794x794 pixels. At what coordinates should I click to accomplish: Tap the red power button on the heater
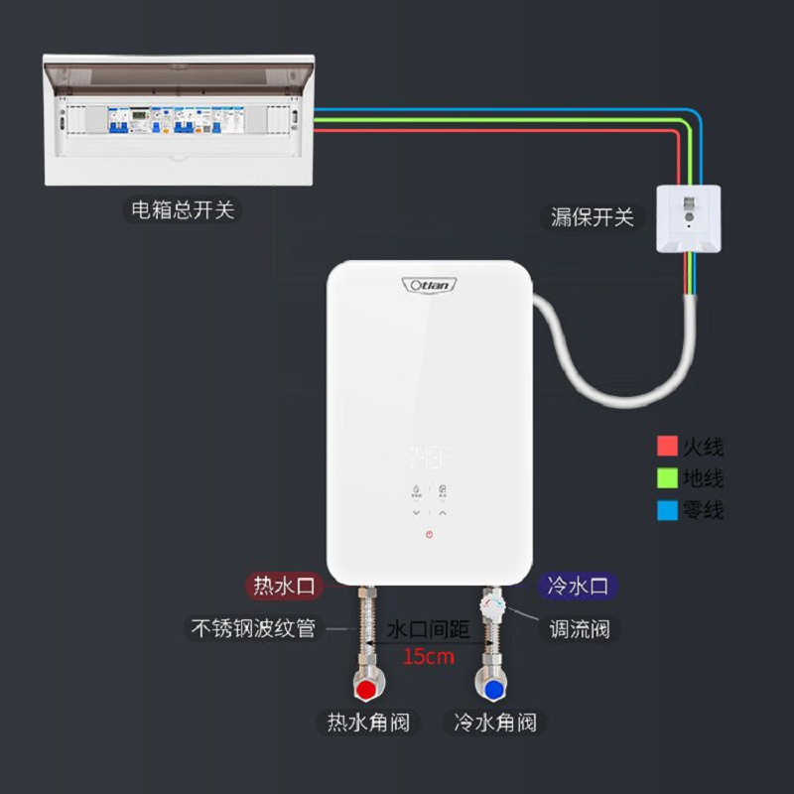coord(429,534)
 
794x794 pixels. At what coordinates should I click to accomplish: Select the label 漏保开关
coord(593,216)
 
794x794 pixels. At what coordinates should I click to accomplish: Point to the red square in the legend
coord(667,447)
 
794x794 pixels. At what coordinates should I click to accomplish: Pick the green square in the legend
coord(667,478)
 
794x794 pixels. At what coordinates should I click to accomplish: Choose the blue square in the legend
coord(667,511)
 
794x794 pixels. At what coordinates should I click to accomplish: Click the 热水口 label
coord(284,587)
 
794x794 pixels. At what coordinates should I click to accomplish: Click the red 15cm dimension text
coord(428,656)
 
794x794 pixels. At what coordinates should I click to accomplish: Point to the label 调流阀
coord(580,629)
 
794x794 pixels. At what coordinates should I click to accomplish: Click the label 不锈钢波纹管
coord(254,629)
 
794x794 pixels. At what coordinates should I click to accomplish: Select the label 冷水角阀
coord(494,723)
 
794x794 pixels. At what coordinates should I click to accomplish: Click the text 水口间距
coord(428,629)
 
